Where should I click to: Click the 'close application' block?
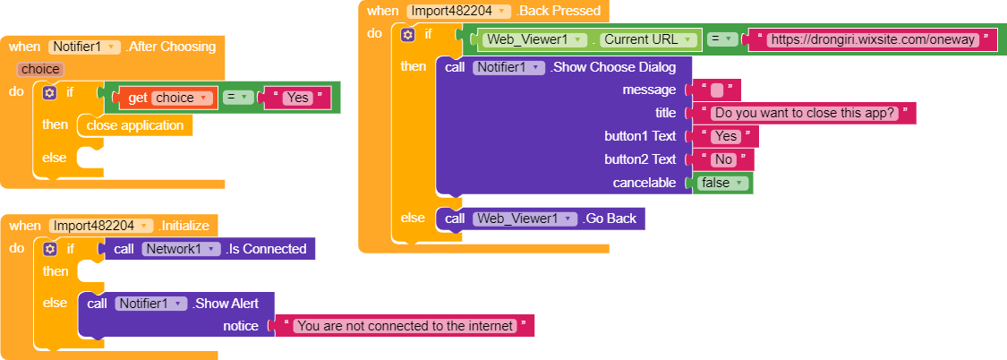point(134,125)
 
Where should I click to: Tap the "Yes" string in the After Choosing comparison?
point(296,98)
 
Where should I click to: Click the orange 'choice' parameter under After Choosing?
point(39,69)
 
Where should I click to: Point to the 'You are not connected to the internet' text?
point(405,326)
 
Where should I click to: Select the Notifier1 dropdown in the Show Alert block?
point(150,304)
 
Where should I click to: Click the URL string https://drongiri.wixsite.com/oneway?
point(871,39)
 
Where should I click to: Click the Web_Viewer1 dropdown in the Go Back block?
point(524,219)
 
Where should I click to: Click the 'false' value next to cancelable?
point(720,183)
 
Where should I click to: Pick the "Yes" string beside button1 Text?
point(725,136)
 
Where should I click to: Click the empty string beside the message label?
point(717,90)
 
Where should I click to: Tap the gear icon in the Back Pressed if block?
point(407,34)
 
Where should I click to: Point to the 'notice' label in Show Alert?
point(241,326)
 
